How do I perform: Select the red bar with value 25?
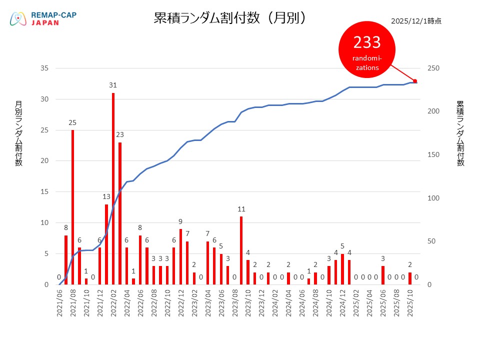(72, 207)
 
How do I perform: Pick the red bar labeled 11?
(241, 250)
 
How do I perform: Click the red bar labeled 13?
(106, 244)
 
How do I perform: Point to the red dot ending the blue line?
(415, 81)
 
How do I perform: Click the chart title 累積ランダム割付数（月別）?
(230, 18)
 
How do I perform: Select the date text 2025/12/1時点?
(416, 21)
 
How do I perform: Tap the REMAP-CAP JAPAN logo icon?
(18, 19)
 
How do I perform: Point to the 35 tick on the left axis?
(44, 68)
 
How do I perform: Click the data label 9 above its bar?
(180, 221)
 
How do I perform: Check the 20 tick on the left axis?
(44, 161)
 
